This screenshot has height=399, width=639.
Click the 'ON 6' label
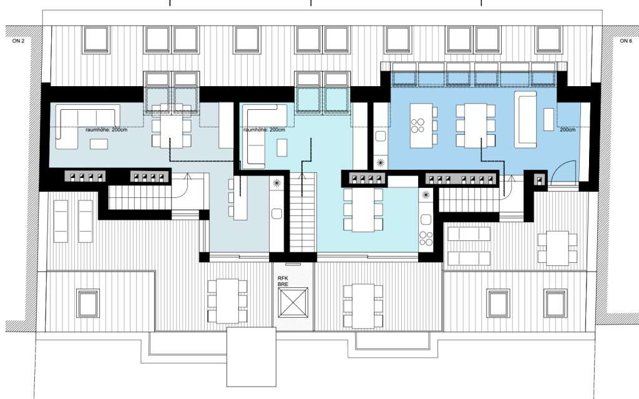(x=625, y=41)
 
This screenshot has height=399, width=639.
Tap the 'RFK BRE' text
(x=283, y=281)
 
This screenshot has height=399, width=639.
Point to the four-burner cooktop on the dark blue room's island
(x=417, y=126)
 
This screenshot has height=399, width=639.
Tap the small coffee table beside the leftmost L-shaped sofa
(x=99, y=144)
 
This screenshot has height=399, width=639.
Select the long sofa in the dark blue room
(x=525, y=119)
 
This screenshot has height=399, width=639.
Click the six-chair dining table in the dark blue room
(x=476, y=126)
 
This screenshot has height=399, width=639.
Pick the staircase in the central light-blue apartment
(x=303, y=212)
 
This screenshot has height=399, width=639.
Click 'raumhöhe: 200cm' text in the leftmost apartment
(x=105, y=130)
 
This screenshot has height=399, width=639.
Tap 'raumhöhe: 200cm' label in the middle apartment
(x=264, y=130)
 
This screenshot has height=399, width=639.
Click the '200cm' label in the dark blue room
(x=567, y=130)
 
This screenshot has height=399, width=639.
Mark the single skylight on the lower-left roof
(x=87, y=303)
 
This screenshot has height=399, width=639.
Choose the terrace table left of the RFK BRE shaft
(x=227, y=301)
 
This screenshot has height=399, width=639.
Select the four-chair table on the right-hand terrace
(x=557, y=248)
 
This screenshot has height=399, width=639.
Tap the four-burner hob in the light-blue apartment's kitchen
(x=426, y=239)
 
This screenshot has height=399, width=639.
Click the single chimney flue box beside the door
(x=540, y=179)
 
